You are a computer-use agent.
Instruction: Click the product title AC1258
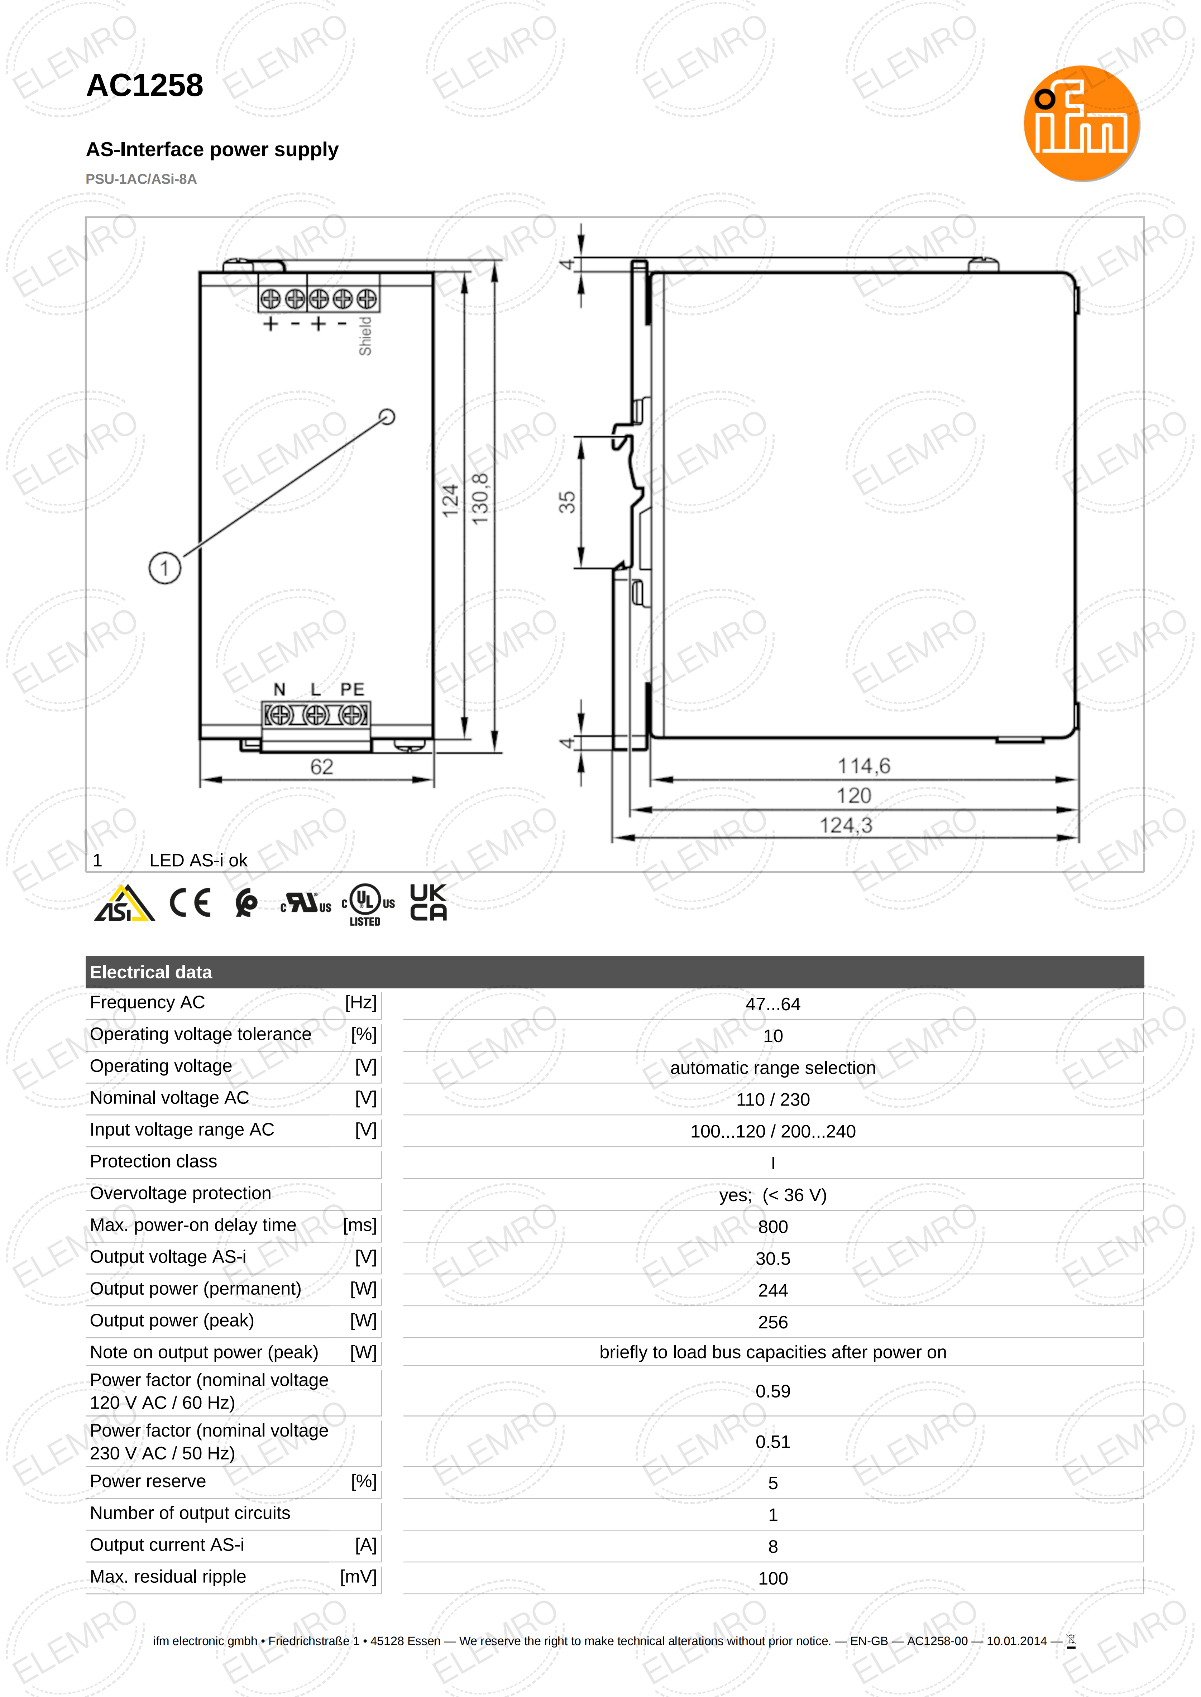145,86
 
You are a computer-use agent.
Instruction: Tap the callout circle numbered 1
165,568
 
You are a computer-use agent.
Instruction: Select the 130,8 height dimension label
481,499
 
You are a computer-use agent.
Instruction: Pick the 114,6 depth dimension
863,766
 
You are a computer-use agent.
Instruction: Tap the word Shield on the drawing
365,336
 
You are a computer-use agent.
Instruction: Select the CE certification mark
190,903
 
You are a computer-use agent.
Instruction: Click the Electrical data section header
151,972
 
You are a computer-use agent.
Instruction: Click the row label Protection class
153,1162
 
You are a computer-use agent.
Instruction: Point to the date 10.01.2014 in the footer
1016,1641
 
